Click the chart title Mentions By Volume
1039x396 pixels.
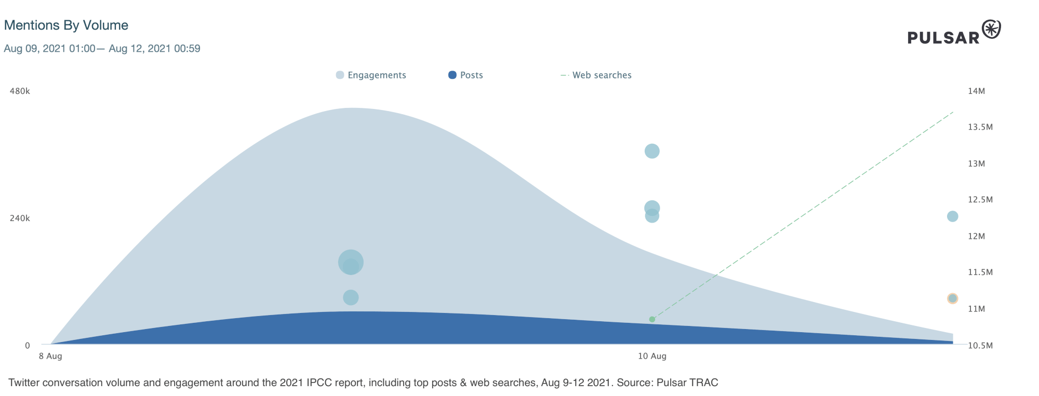coord(66,25)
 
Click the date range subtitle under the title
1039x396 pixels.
coord(102,49)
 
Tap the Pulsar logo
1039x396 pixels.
coord(954,33)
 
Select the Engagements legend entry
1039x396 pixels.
coord(371,75)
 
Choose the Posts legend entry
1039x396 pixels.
coord(465,75)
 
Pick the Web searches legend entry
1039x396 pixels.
coord(596,75)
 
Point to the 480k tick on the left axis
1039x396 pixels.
coord(20,91)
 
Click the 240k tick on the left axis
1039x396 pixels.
coord(20,219)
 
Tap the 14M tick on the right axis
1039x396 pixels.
coord(976,91)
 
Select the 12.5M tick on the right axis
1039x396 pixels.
coord(980,200)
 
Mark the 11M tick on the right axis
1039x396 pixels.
coord(976,309)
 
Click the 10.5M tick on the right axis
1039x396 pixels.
coord(980,346)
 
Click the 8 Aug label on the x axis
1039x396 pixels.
coord(50,356)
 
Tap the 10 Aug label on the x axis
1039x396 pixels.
coord(652,356)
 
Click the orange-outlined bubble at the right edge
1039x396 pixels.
coord(952,298)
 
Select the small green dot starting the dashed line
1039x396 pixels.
coord(652,319)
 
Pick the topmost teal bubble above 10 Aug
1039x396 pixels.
coord(652,151)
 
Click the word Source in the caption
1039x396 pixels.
coord(633,383)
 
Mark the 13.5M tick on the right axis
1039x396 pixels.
coord(980,127)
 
